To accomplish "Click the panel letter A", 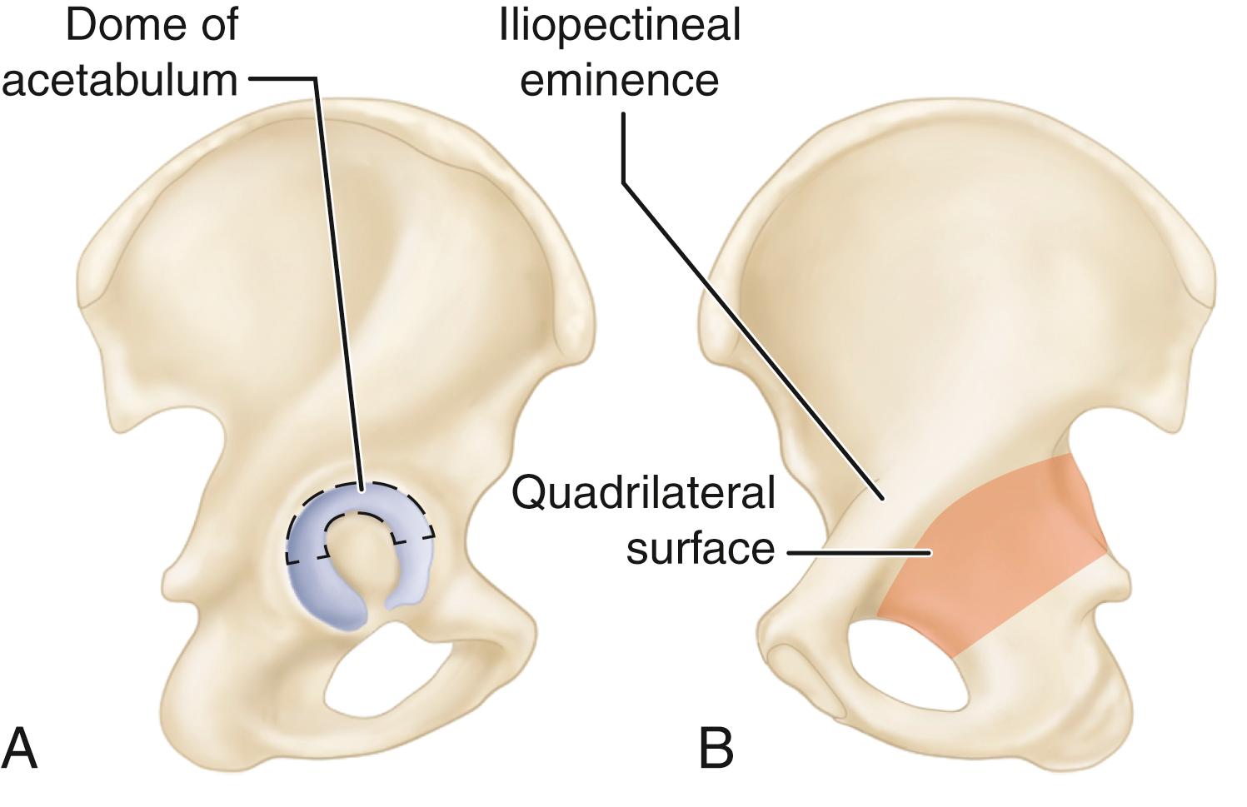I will [20, 747].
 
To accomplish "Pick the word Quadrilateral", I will [643, 492].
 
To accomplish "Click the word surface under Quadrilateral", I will [700, 549].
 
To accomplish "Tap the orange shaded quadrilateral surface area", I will [1000, 550].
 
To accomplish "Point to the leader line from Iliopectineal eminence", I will [750, 333].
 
